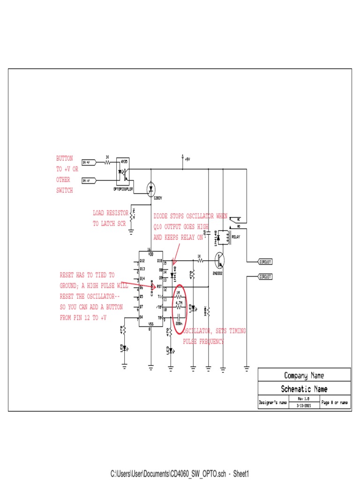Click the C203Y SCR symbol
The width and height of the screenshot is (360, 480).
pyautogui.click(x=150, y=189)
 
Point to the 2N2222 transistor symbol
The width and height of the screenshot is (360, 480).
pyautogui.click(x=219, y=259)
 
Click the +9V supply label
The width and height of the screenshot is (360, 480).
pyautogui.click(x=187, y=159)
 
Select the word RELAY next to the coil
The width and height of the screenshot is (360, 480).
pyautogui.click(x=236, y=237)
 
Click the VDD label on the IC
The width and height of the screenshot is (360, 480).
pyautogui.click(x=151, y=254)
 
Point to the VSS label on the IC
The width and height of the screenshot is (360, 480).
pyautogui.click(x=151, y=324)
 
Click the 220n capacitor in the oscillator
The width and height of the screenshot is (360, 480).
pyautogui.click(x=179, y=318)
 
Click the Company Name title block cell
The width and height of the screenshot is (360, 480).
pyautogui.click(x=304, y=375)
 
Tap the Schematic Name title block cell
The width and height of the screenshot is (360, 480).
pyautogui.click(x=304, y=389)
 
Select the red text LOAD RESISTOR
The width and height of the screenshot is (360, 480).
pyautogui.click(x=110, y=213)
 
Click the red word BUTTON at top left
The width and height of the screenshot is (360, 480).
pyautogui.click(x=65, y=158)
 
